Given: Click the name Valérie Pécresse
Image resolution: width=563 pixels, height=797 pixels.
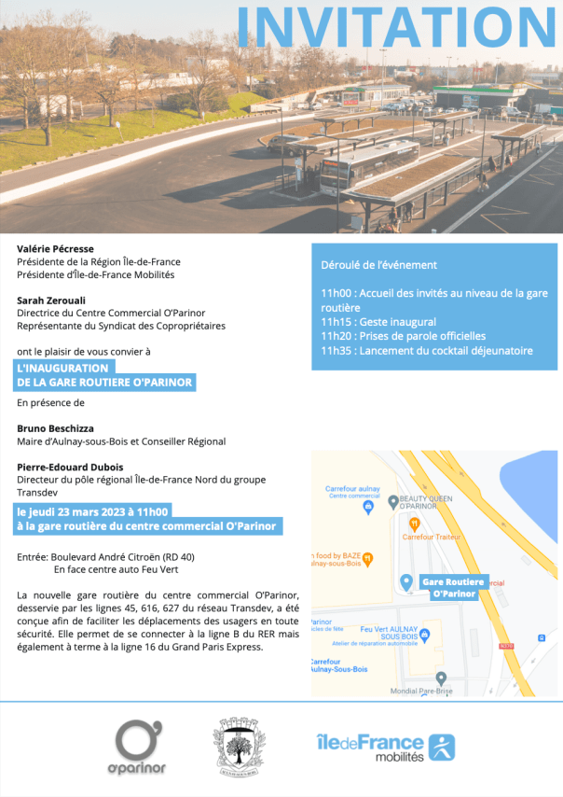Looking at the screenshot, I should [55, 249].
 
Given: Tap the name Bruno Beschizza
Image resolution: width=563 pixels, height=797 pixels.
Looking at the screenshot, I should [55, 428].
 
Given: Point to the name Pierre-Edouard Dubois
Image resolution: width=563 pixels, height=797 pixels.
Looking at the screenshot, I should [70, 467].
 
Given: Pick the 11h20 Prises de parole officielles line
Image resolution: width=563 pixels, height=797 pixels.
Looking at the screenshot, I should [403, 336].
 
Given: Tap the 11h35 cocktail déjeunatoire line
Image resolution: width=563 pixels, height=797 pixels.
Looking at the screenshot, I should [427, 351].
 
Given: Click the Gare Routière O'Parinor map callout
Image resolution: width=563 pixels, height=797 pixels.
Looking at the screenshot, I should [453, 587].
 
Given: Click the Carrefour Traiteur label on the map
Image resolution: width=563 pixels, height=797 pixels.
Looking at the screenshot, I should [431, 536].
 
